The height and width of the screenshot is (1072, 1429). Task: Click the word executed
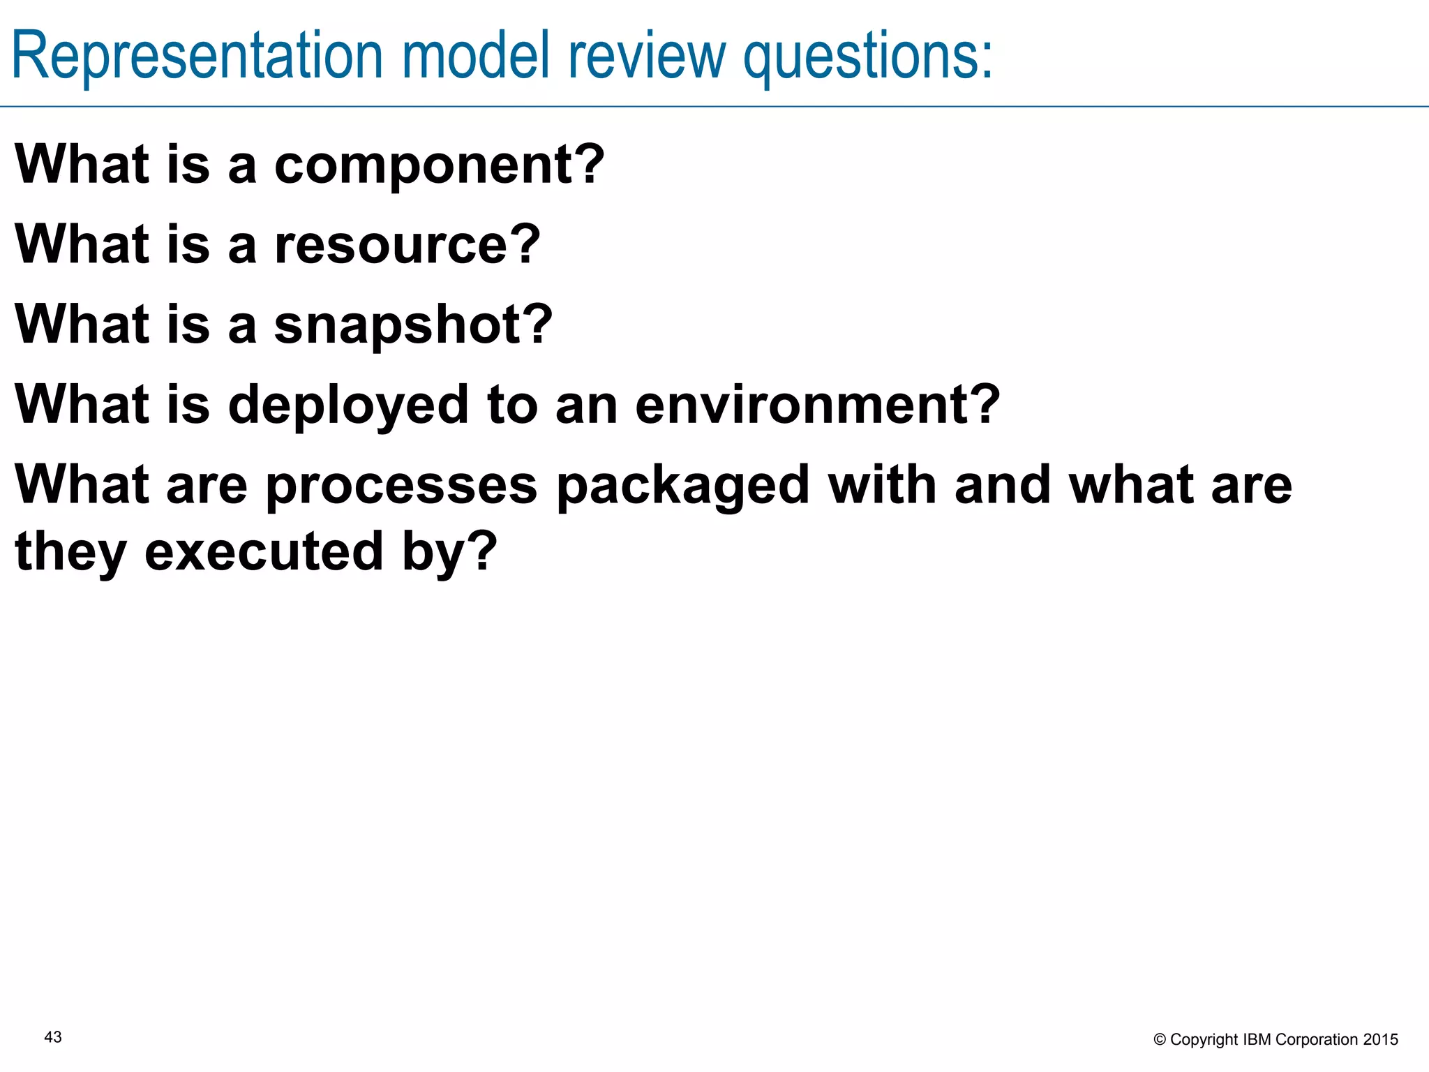click(264, 552)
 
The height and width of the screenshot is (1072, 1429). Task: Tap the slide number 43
click(53, 1037)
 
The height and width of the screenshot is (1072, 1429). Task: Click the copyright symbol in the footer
click(1160, 1040)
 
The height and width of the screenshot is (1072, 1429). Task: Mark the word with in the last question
click(882, 485)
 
